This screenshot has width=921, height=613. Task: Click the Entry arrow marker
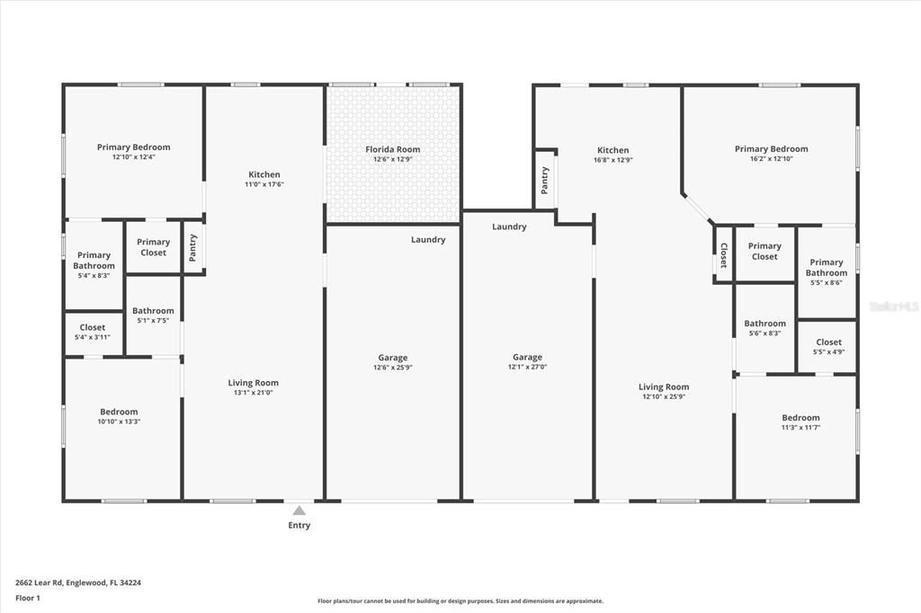pos(300,511)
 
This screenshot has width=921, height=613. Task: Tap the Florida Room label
pos(392,149)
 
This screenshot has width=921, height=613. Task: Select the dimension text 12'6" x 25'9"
pos(392,367)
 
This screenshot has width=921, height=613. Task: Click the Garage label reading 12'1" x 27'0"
pos(527,358)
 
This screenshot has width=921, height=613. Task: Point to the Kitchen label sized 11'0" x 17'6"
pos(264,174)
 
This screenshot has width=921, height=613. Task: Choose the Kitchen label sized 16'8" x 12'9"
pos(613,150)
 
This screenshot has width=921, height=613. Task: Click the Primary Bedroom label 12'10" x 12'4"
pos(133,147)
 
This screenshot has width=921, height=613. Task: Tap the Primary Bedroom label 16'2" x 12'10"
pos(771,149)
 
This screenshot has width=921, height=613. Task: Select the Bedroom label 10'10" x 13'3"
pos(119,412)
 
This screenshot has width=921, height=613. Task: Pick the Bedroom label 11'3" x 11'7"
pos(800,418)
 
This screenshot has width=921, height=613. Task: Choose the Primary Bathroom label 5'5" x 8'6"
pos(826,268)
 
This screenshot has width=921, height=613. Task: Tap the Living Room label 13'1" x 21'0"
pos(253,383)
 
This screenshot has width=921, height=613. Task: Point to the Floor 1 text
pos(27,598)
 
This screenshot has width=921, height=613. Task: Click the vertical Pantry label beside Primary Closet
pos(193,247)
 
